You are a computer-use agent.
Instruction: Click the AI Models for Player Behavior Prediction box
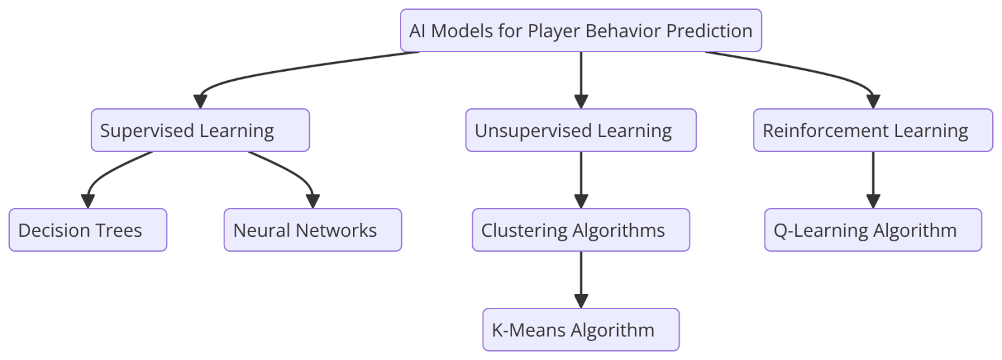[x=581, y=31]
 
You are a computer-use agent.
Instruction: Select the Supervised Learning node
[x=200, y=130]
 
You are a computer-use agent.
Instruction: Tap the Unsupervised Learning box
[x=581, y=130]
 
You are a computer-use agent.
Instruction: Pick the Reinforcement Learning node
[x=873, y=130]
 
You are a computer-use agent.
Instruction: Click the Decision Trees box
[x=87, y=230]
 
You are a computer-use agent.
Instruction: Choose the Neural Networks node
[x=312, y=230]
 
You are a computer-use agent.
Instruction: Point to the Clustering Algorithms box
[x=581, y=230]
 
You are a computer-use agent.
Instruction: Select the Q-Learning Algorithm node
[x=873, y=230]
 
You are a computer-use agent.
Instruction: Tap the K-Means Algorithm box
[x=581, y=330]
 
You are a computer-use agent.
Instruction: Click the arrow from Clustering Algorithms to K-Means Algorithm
[x=581, y=277]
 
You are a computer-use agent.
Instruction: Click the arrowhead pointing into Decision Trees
[x=87, y=202]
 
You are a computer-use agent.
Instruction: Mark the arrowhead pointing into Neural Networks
[x=312, y=202]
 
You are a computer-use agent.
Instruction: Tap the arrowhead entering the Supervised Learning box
[x=200, y=102]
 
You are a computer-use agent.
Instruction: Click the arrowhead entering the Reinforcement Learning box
[x=873, y=102]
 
